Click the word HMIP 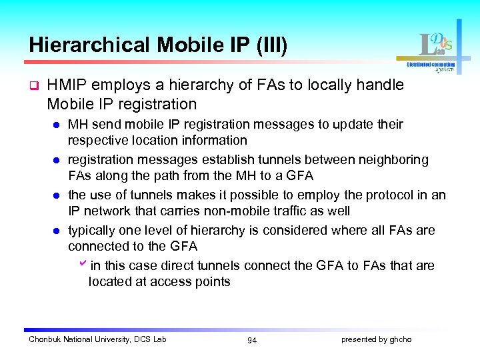[x=67, y=85]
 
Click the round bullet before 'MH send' [x=57, y=125]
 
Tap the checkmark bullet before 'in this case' [x=83, y=265]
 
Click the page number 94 [x=252, y=341]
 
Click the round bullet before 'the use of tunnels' [x=57, y=195]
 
